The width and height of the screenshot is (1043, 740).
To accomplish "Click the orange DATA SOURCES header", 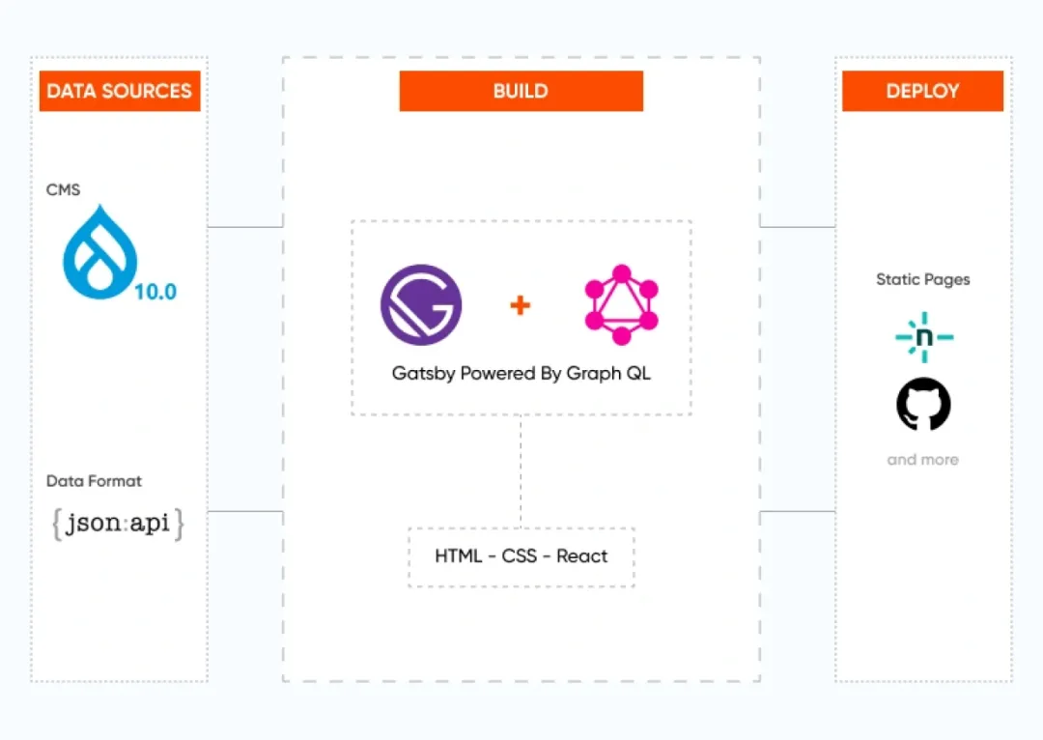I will (120, 92).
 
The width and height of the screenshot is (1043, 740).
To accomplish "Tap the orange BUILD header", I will (521, 92).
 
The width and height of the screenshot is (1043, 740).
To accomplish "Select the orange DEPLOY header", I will (922, 92).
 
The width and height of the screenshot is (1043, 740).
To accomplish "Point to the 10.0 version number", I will (155, 291).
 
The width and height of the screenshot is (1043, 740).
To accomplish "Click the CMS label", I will (63, 190).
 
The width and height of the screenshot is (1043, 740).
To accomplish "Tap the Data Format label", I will (94, 481).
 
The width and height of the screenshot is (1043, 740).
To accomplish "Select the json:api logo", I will (118, 524).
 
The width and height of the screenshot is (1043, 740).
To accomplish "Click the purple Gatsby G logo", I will (421, 305).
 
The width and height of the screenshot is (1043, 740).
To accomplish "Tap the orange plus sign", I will (521, 305).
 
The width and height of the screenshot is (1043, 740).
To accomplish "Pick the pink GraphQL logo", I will (621, 305).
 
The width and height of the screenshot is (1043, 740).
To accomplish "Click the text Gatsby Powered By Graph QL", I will (521, 373).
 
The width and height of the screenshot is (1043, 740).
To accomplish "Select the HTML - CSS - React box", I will (521, 556).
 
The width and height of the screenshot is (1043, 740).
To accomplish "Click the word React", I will (582, 556).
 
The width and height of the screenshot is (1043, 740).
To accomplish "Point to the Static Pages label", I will (922, 280).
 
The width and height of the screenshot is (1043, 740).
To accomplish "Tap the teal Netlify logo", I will (923, 336).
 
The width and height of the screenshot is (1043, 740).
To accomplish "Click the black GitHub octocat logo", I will (923, 404).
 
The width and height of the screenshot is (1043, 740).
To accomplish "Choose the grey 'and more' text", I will (922, 460).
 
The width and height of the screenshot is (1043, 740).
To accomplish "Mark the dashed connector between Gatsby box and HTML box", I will (521, 471).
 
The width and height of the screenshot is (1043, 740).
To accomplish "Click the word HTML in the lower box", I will (458, 556).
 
